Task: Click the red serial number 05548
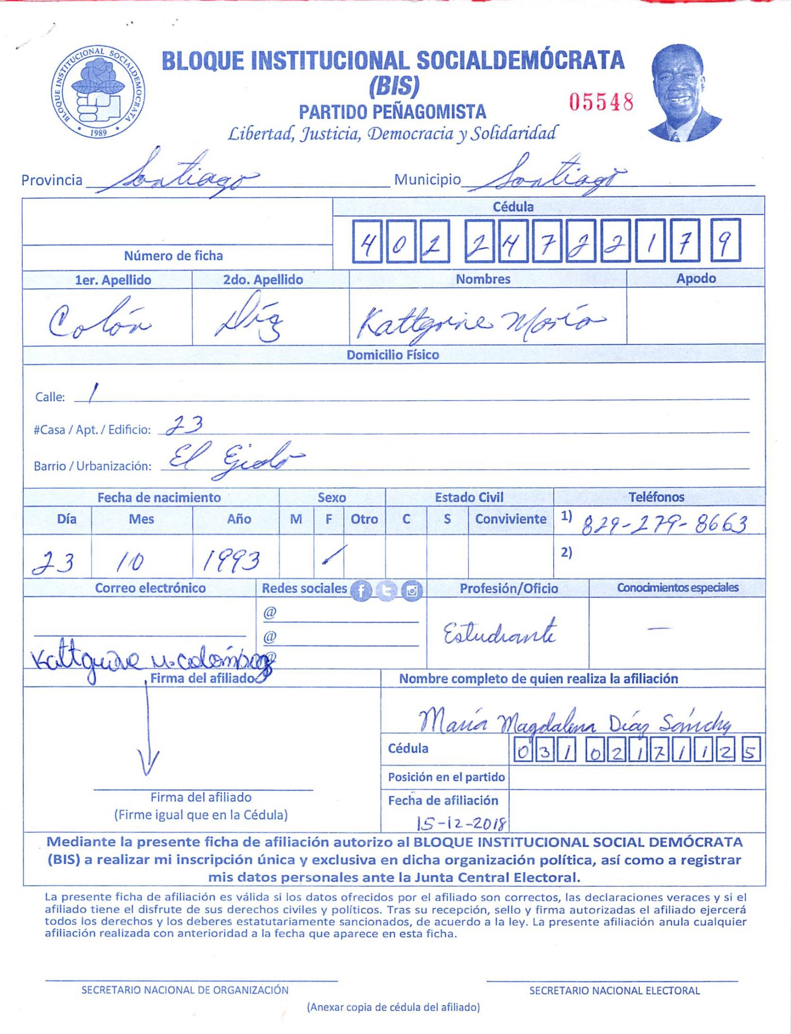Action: click(601, 102)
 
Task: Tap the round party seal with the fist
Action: click(98, 92)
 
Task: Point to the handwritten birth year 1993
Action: click(231, 560)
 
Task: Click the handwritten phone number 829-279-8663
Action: click(664, 524)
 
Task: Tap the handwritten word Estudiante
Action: click(500, 633)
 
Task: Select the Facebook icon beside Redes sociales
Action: click(361, 590)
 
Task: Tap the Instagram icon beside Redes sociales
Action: click(412, 590)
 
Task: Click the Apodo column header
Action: click(696, 279)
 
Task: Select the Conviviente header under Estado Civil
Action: click(510, 519)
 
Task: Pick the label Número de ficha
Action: click(173, 256)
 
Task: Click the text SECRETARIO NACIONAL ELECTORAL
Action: click(614, 991)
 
